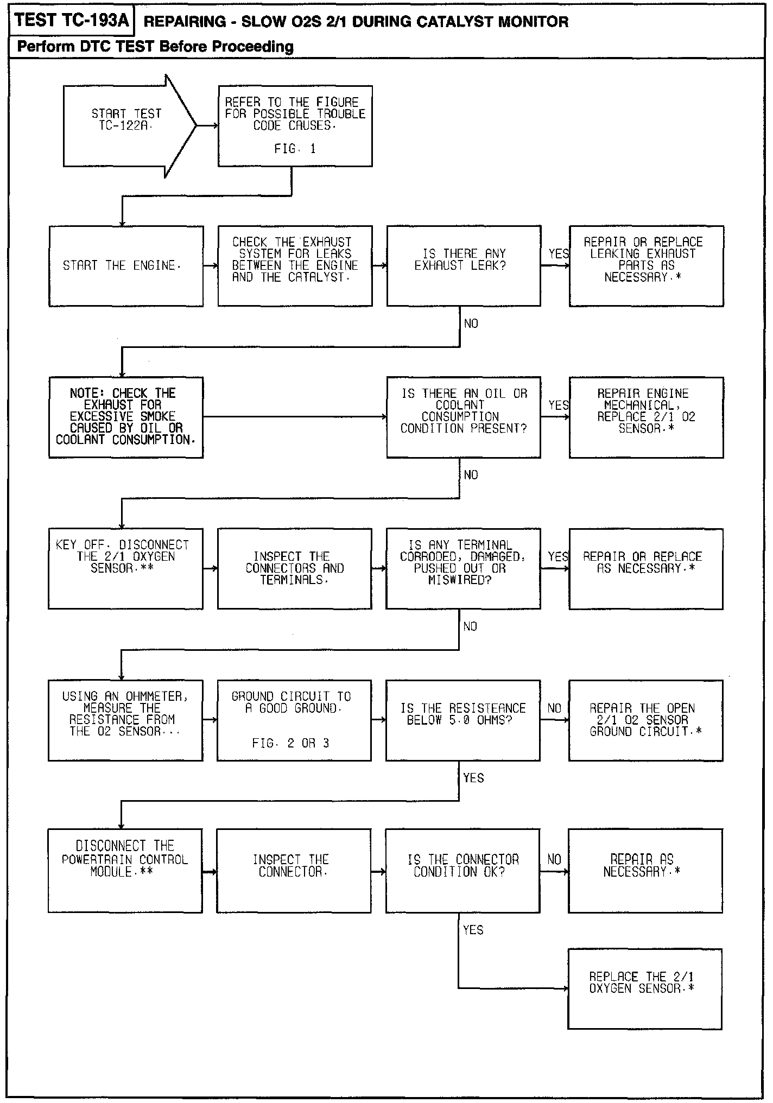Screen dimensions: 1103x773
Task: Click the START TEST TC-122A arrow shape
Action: tap(128, 126)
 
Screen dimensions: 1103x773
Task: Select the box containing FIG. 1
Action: tap(295, 126)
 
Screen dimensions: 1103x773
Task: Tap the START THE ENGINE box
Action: tap(126, 266)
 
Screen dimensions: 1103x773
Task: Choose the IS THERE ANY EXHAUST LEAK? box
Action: tap(464, 266)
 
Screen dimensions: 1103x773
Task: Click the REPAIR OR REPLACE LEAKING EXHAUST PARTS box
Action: tap(646, 266)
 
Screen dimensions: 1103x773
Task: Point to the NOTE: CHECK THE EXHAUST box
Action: tap(126, 417)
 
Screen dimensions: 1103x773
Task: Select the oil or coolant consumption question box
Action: tap(464, 417)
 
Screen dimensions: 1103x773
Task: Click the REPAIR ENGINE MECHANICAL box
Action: tap(646, 417)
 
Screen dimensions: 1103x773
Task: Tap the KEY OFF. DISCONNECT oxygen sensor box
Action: tap(125, 568)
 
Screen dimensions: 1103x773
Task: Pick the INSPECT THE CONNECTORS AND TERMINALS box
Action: tap(295, 568)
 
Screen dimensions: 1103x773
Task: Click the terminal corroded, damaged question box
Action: tap(463, 568)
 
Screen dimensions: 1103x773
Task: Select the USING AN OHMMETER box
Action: tap(125, 720)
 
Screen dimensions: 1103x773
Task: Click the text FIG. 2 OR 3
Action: tap(290, 743)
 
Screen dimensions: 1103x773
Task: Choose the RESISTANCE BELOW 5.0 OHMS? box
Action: tap(463, 720)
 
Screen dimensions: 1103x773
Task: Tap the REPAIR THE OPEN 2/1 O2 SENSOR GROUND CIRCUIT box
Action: tap(645, 720)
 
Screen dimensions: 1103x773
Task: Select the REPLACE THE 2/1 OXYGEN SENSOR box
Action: tap(645, 988)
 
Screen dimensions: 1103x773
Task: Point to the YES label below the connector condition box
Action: tap(473, 930)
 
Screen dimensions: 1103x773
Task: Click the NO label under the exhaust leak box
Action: tap(471, 324)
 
